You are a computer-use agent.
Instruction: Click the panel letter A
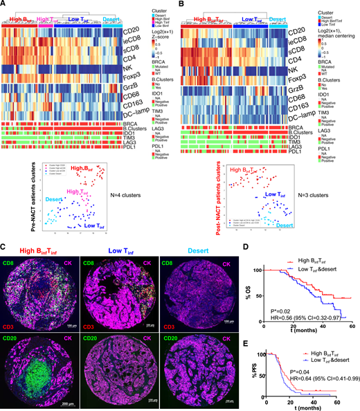[4, 5]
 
